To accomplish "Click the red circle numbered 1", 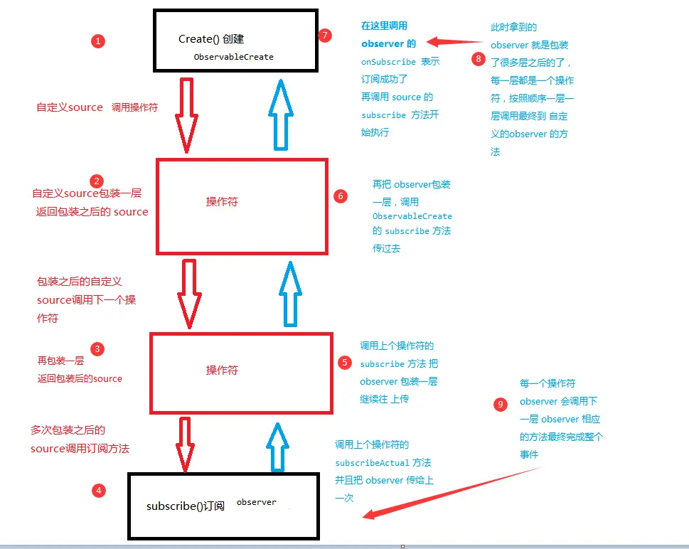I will click(98, 41).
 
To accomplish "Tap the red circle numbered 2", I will click(97, 181).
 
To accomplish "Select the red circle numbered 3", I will click(97, 348).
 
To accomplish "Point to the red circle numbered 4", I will click(99, 490).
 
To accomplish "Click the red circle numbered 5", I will click(345, 363).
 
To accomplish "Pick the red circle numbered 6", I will click(341, 196).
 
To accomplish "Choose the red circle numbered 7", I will click(326, 36).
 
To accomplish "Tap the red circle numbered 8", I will click(478, 59).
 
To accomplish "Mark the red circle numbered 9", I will click(501, 405).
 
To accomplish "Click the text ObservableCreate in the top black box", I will click(233, 57).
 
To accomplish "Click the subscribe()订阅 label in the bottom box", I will click(186, 506).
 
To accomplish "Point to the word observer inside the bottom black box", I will click(256, 502).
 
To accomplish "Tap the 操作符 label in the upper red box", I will click(222, 202).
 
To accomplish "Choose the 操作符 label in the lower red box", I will click(222, 370).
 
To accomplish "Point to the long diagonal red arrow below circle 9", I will click(455, 491).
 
